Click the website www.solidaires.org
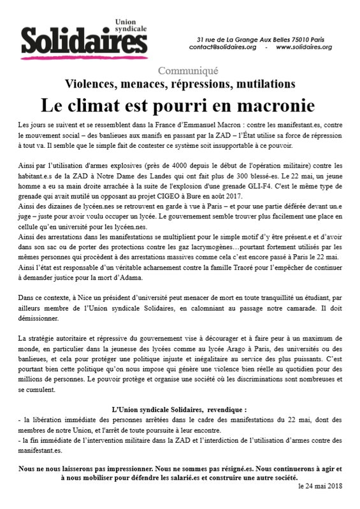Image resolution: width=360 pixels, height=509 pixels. [305, 47]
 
